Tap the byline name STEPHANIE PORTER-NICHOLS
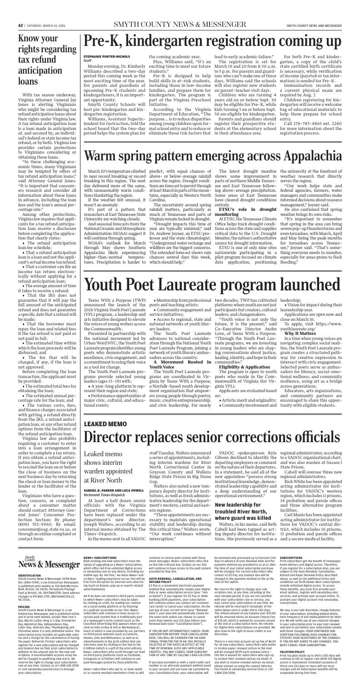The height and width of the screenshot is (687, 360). click(106, 70)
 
